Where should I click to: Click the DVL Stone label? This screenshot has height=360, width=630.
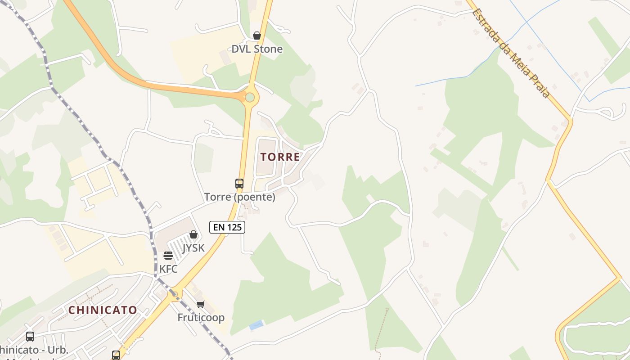pyautogui.click(x=257, y=49)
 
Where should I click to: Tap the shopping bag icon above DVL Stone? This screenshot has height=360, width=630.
pyautogui.click(x=257, y=36)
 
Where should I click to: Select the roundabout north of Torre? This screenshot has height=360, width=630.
pyautogui.click(x=250, y=97)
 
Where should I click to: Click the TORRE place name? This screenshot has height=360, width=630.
pyautogui.click(x=280, y=157)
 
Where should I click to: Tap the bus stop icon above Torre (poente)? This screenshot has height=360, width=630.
pyautogui.click(x=239, y=184)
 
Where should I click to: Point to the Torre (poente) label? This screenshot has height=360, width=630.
pyautogui.click(x=239, y=197)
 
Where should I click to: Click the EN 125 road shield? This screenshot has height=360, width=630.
pyautogui.click(x=227, y=227)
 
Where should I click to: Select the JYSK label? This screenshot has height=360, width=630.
pyautogui.click(x=193, y=248)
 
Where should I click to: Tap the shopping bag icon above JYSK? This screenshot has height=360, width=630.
pyautogui.click(x=193, y=234)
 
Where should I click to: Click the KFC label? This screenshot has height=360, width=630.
pyautogui.click(x=168, y=269)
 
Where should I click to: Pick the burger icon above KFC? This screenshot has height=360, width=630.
pyautogui.click(x=168, y=256)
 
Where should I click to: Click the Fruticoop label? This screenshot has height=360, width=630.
pyautogui.click(x=201, y=317)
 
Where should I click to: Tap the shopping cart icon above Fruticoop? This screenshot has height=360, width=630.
pyautogui.click(x=201, y=304)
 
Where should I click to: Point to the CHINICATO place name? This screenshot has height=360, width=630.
pyautogui.click(x=103, y=310)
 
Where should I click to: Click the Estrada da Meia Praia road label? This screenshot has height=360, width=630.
pyautogui.click(x=511, y=53)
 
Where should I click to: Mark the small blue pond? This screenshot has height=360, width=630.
pyautogui.click(x=256, y=325)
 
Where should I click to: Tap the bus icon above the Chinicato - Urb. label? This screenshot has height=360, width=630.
pyautogui.click(x=30, y=337)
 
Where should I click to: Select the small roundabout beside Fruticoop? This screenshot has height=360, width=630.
pyautogui.click(x=173, y=294)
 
